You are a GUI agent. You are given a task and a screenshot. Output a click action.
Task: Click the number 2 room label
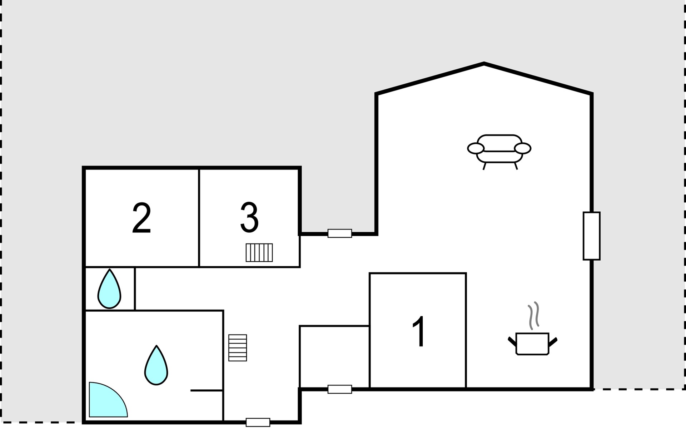click(x=141, y=218)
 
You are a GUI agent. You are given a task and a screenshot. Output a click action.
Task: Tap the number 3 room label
click(x=249, y=217)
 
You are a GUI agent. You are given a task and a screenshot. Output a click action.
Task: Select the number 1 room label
click(x=419, y=331)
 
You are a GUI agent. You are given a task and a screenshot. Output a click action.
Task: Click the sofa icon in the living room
click(x=499, y=152)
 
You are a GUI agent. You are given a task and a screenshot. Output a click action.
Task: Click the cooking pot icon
click(x=532, y=344)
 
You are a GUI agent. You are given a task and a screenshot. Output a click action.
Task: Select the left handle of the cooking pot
click(x=512, y=341)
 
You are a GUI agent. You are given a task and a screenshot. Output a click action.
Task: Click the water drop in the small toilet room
click(x=109, y=289)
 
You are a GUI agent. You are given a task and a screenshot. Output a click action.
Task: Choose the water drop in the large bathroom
click(x=156, y=366)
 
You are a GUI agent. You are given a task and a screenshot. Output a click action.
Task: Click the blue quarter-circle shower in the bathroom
click(x=105, y=402)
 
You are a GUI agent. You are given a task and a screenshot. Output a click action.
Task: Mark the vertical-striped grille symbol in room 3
click(x=259, y=253)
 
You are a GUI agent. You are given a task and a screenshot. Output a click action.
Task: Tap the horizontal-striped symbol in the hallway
click(x=238, y=348)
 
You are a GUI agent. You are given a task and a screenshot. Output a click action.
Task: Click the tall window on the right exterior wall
click(x=592, y=236)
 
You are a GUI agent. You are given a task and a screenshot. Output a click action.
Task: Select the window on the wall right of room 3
click(x=340, y=233)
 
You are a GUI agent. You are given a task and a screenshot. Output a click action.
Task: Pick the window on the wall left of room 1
click(x=340, y=389)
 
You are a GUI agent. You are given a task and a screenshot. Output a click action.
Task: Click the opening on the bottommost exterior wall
click(x=258, y=423)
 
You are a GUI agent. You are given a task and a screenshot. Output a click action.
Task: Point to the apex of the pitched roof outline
click(x=484, y=63)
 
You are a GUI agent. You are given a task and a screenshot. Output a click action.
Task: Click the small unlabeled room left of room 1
click(x=334, y=357)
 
